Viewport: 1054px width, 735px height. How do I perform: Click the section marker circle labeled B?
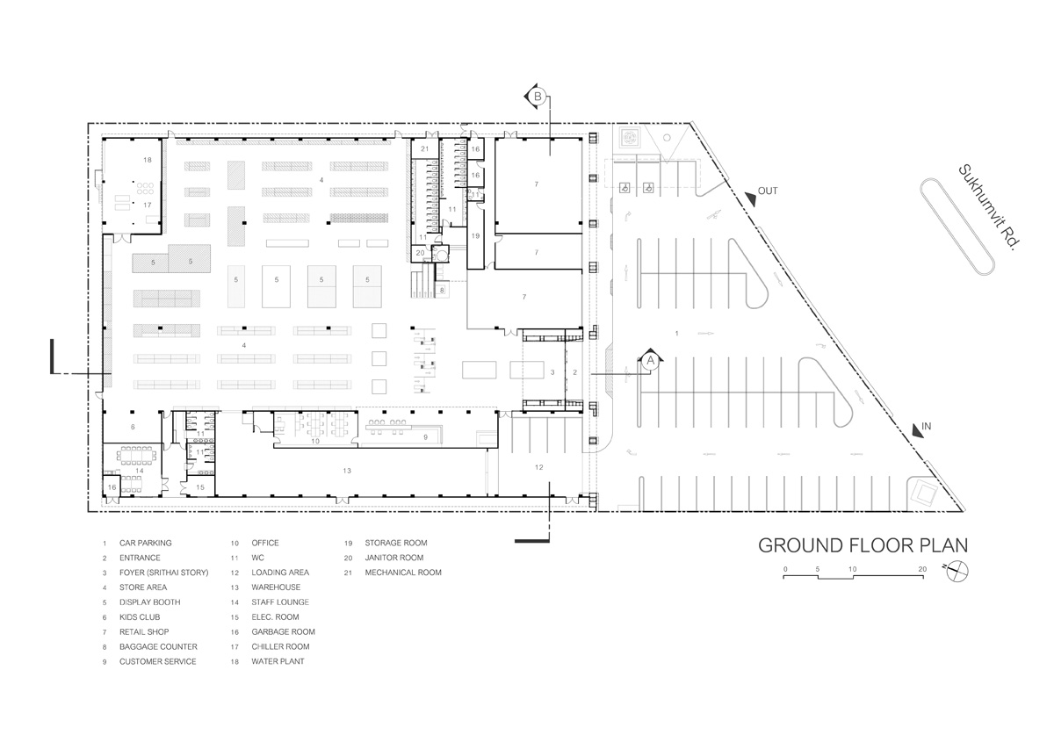tap(538, 97)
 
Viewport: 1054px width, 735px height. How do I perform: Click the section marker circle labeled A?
tap(650, 361)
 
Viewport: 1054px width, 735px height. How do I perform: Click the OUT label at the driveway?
tap(768, 191)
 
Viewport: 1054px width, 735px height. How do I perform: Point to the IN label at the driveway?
tap(926, 426)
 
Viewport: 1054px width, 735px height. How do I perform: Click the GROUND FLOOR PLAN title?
tap(863, 545)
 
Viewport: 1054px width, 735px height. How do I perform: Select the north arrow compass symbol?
tap(957, 572)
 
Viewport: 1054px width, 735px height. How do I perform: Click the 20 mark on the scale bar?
tap(922, 569)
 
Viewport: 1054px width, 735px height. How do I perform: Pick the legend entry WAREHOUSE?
tap(276, 587)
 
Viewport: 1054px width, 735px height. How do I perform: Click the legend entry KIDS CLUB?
tap(140, 617)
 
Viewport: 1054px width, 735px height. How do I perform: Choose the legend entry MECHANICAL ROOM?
tap(403, 573)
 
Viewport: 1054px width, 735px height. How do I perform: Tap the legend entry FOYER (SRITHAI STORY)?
tap(163, 573)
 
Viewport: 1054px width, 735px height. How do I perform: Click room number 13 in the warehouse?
tap(347, 471)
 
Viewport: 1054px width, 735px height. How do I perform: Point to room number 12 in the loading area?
tap(538, 467)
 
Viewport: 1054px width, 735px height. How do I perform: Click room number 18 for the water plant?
tap(148, 160)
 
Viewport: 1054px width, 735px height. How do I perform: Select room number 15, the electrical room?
tap(200, 487)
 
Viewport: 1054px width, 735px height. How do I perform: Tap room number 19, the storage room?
tap(475, 235)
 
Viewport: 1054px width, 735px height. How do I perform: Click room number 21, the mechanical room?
tap(425, 148)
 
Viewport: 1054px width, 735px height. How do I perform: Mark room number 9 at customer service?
tap(425, 437)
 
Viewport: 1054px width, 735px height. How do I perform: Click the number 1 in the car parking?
tap(676, 333)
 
